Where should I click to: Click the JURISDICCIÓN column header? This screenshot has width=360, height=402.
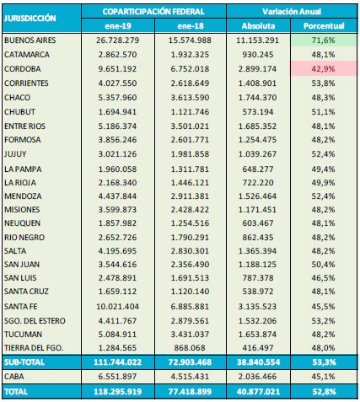point(30,19)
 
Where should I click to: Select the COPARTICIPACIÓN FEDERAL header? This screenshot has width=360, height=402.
point(153,12)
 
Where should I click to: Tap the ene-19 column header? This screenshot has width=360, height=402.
point(118,26)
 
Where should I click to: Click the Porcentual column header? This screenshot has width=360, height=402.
point(324,26)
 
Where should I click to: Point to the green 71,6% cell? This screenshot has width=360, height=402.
point(323,40)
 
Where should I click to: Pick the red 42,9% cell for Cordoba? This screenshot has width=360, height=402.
point(323,69)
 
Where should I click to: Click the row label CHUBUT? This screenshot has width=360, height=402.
point(19,112)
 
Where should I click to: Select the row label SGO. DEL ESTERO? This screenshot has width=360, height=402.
point(35,321)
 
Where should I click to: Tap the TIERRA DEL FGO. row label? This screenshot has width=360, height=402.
point(34,348)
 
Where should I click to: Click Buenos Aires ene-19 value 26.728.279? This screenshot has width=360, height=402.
point(117,40)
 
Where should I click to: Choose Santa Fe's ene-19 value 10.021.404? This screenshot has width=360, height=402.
point(117,307)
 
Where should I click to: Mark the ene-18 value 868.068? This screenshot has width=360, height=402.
point(190,348)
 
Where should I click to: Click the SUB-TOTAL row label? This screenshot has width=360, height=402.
point(24,362)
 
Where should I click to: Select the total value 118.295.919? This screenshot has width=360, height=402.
point(117,392)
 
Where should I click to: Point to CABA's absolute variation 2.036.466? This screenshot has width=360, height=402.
point(257,377)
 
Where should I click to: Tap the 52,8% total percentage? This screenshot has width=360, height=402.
point(324,392)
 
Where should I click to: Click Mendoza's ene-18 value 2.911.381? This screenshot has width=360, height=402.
point(190,196)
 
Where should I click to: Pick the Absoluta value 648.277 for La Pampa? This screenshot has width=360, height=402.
point(258,169)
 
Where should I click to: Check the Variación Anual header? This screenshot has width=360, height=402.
point(292,12)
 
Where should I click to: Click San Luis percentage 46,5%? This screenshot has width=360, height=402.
point(323,278)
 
